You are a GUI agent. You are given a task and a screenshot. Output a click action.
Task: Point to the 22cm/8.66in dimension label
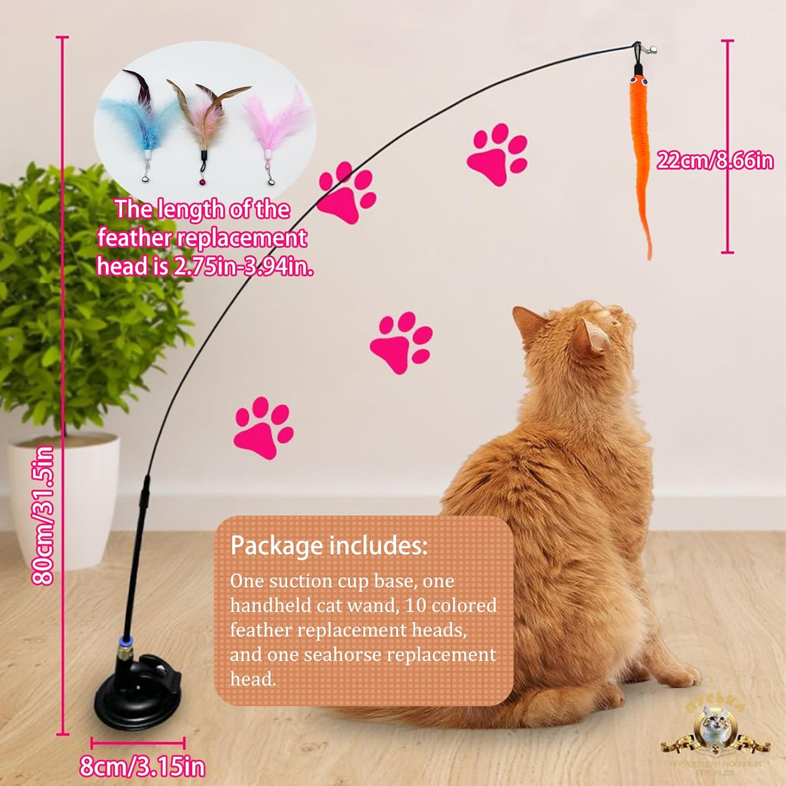(x=715, y=160)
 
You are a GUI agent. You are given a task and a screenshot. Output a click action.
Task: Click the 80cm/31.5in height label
(x=43, y=515)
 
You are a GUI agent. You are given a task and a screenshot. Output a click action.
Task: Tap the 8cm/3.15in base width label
(x=142, y=767)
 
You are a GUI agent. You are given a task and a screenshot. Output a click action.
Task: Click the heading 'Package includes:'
(x=329, y=545)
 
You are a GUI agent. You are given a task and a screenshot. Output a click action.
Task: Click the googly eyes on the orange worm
(x=639, y=81)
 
